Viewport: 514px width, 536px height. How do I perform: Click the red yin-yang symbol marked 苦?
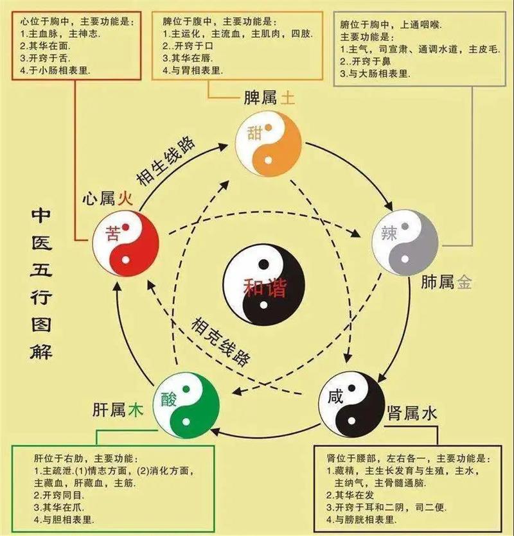pyautogui.click(x=125, y=243)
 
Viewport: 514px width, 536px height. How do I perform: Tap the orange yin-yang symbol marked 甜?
pyautogui.click(x=269, y=144)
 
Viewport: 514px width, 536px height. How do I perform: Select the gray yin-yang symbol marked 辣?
pyautogui.click(x=405, y=243)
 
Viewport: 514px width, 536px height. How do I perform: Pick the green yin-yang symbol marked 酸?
pyautogui.click(x=186, y=406)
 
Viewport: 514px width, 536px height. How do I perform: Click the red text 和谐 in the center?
pyautogui.click(x=264, y=288)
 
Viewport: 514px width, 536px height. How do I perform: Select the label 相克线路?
pyautogui.click(x=221, y=341)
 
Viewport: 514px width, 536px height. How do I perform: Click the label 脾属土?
pyautogui.click(x=269, y=98)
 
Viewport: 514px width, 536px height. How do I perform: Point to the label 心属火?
pyautogui.click(x=107, y=198)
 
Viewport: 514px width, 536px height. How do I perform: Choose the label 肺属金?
pyautogui.click(x=447, y=282)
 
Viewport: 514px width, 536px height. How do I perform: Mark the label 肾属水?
pyautogui.click(x=412, y=414)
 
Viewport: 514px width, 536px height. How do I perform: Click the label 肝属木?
pyautogui.click(x=118, y=410)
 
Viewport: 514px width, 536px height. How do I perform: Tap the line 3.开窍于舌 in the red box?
pyautogui.click(x=45, y=58)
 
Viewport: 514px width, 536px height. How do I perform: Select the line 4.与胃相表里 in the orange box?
pyautogui.click(x=193, y=71)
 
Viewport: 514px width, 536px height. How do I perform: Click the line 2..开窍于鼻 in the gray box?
pyautogui.click(x=366, y=62)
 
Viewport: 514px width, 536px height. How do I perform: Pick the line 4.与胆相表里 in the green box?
pyautogui.click(x=64, y=520)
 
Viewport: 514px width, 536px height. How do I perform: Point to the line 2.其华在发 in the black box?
pyautogui.click(x=350, y=495)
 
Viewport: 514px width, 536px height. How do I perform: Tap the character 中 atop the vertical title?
pyautogui.click(x=41, y=216)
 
